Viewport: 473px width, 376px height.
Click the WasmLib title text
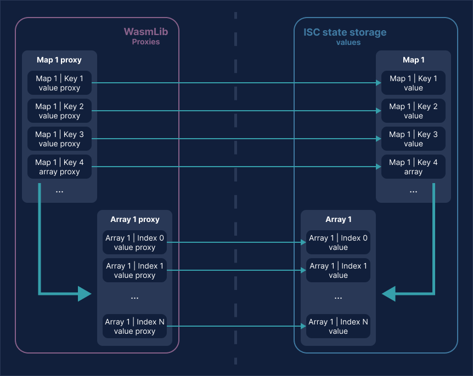145,32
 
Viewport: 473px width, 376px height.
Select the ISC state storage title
345,32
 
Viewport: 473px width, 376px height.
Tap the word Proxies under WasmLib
145,42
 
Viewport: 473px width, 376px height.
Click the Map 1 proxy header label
59,60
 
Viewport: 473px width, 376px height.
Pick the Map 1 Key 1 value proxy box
59,83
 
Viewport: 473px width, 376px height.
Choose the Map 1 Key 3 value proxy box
59,139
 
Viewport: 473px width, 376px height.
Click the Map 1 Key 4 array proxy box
59,167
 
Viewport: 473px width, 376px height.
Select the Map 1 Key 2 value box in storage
413,111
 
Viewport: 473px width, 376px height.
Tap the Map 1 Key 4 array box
413,167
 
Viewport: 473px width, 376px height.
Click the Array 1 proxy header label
134,219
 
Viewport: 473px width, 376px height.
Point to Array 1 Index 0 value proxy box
134,243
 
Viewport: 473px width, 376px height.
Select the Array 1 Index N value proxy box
134,327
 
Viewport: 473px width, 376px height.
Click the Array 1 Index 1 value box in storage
338,271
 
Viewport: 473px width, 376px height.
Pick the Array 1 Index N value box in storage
338,327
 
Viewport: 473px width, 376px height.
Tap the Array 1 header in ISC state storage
338,219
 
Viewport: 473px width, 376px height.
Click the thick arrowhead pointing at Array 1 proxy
85,294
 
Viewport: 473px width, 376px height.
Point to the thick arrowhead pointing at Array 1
389,294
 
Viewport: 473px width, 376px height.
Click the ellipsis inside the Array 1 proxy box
134,298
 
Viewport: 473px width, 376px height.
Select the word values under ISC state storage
348,42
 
